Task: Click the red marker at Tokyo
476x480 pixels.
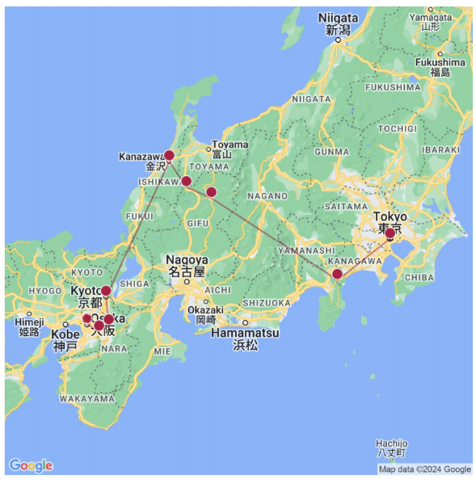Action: pos(390,234)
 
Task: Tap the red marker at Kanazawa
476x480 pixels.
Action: pos(169,155)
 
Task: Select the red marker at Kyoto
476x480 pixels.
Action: pos(106,291)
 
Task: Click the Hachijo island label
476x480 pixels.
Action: pos(392,444)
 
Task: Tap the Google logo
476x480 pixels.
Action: pos(31,465)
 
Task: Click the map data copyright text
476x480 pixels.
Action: pos(424,469)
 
